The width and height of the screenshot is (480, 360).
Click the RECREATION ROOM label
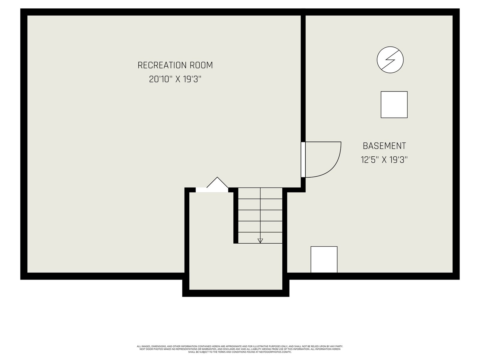coord(175,65)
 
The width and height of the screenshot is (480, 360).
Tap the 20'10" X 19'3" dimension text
coord(175,79)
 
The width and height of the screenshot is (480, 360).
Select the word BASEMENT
coord(384,146)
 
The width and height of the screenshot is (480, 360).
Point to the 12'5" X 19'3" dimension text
coord(384,160)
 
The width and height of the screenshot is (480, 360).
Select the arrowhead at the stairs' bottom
coord(260,241)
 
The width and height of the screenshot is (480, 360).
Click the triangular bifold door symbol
coord(212,182)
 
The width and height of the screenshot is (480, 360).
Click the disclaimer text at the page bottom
coord(240,349)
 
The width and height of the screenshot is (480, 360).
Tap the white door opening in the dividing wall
coord(303,160)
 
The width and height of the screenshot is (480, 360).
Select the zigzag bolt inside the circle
coord(390,60)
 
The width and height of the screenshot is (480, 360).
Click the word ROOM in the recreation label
coord(201,65)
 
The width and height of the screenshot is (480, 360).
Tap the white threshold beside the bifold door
coord(212,190)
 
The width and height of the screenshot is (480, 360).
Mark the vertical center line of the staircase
coord(260,215)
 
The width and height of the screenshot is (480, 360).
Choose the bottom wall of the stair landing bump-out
coord(236,293)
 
